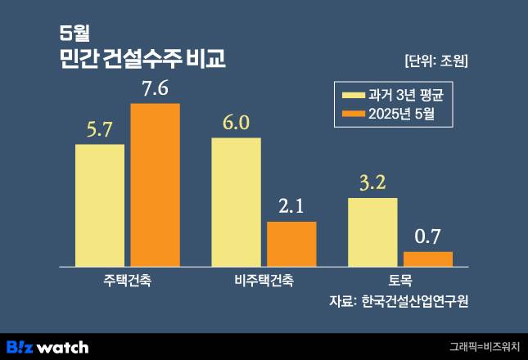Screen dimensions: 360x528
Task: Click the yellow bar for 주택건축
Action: [100, 205]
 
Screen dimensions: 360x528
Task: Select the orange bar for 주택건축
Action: [155, 185]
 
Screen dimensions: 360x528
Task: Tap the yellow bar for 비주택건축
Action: [236, 201]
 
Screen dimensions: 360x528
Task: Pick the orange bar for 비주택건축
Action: [291, 244]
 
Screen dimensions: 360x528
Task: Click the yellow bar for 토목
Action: [372, 232]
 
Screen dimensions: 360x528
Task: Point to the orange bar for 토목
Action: [427, 259]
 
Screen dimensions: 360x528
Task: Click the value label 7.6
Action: [155, 88]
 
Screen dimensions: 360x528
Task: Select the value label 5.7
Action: [100, 129]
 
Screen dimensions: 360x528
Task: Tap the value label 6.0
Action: [236, 123]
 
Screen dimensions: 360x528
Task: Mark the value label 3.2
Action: [372, 183]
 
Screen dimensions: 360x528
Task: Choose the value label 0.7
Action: [427, 237]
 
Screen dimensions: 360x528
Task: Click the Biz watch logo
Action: [47, 346]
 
